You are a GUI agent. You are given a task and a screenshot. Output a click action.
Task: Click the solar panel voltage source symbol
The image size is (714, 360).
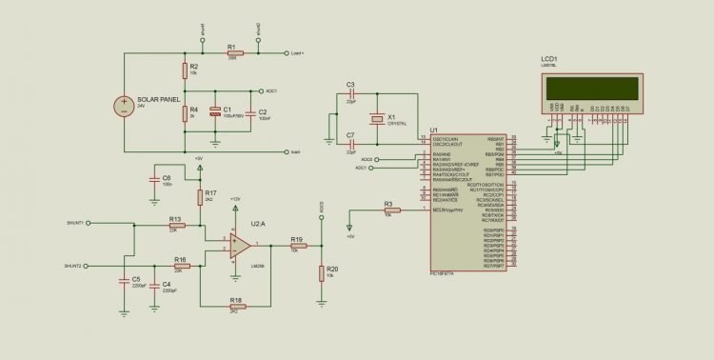[x=124, y=106]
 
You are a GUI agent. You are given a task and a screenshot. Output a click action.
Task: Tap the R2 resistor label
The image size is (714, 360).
[x=194, y=64]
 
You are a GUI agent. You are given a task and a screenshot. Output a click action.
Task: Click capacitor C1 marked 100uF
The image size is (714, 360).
[x=215, y=112]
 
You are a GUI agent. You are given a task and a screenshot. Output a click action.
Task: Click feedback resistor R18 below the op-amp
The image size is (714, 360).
[x=235, y=307]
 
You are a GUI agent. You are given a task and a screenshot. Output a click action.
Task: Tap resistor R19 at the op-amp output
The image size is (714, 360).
[x=296, y=246]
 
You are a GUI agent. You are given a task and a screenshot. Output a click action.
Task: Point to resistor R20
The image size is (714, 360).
[x=322, y=273]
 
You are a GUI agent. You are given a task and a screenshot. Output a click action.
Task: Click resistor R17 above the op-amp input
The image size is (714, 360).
[x=199, y=196]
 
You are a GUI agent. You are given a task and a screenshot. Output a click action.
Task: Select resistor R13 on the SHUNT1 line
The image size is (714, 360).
[x=174, y=225]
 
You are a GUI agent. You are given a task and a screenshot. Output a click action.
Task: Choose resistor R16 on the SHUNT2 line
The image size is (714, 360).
[x=180, y=266]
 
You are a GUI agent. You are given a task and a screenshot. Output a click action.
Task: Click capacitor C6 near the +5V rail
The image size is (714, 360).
[x=153, y=178]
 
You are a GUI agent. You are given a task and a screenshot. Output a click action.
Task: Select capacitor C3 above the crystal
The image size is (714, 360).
[x=350, y=94]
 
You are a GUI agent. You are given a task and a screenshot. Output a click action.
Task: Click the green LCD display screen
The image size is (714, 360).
[x=590, y=88]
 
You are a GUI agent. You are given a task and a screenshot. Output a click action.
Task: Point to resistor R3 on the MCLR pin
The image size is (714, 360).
[x=387, y=210]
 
